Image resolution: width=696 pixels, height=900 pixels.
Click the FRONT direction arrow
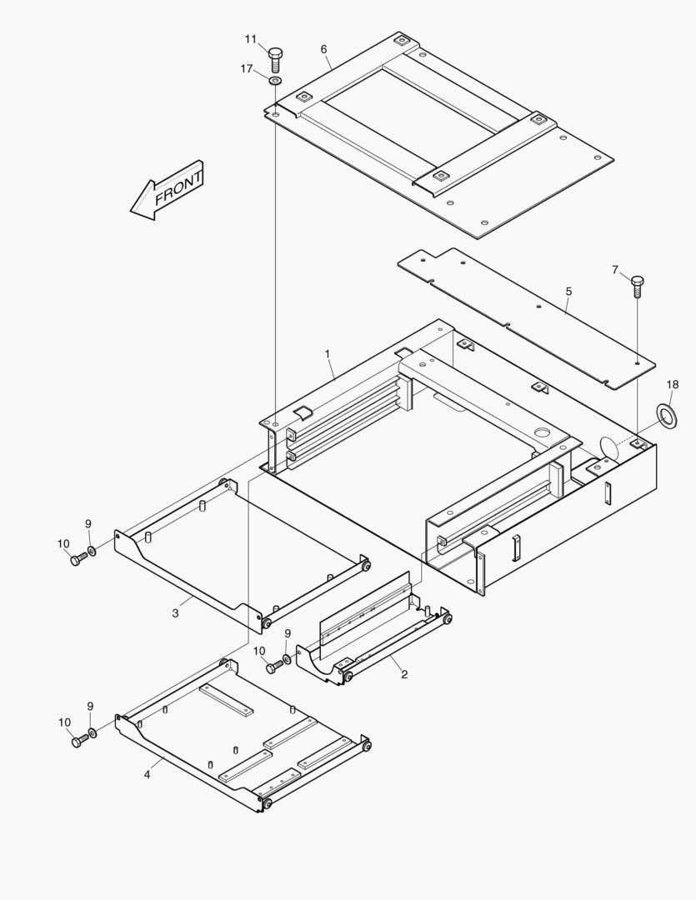coord(168,191)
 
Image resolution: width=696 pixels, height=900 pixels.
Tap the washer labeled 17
coord(275,80)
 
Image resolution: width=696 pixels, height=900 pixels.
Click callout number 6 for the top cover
coord(323,49)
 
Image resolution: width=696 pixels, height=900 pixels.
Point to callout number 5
coord(568,292)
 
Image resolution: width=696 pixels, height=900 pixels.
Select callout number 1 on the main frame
coord(328,354)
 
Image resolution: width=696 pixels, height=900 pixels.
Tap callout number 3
coord(176,613)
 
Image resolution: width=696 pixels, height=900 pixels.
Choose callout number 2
coord(404,674)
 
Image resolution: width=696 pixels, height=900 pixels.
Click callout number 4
coord(148,774)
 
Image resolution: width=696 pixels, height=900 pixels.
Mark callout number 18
coord(673,384)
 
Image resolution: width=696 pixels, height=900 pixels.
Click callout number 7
coord(615,269)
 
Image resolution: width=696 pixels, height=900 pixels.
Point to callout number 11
coord(251,39)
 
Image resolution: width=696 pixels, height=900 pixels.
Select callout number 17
coord(247,69)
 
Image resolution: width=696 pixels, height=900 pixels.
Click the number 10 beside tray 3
coord(63,544)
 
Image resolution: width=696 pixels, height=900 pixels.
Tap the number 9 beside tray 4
coord(90,707)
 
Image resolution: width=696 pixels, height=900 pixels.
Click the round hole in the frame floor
coord(543,433)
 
